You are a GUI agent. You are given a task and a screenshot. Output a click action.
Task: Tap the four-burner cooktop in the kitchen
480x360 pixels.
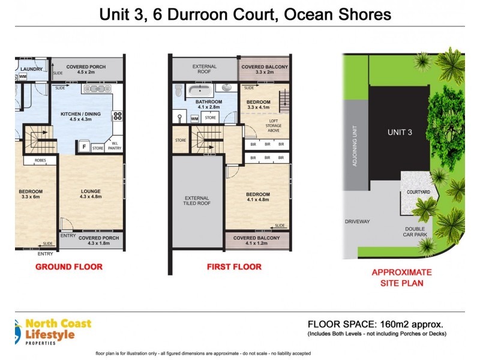point(118,116)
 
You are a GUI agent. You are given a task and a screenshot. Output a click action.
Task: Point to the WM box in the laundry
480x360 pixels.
point(22,77)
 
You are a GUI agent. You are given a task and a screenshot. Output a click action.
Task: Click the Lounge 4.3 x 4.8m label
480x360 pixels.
point(92,194)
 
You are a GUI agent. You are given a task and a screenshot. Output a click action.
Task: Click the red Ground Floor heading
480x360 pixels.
point(69,266)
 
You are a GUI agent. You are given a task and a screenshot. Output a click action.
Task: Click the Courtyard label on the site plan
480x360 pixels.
point(418,191)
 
